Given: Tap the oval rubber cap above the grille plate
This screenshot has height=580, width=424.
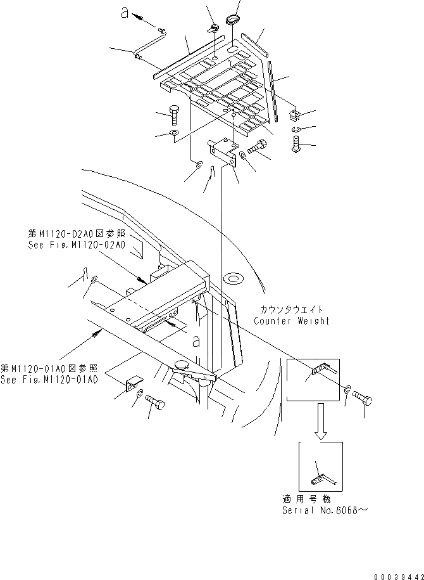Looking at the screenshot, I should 234,16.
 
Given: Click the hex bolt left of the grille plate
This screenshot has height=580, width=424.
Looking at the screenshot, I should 175,117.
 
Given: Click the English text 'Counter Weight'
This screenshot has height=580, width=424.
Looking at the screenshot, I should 292,321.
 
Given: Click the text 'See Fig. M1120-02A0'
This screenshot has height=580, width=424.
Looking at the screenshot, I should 77,245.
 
